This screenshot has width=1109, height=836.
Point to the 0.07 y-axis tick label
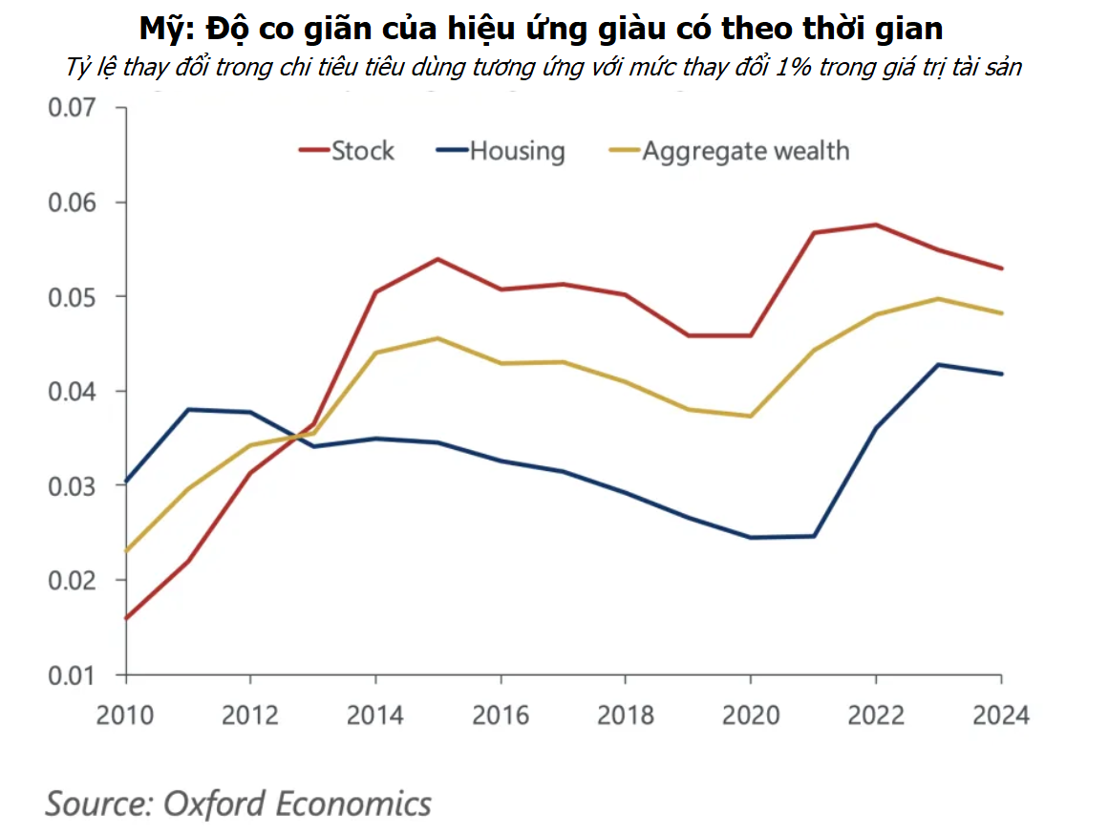click(x=74, y=108)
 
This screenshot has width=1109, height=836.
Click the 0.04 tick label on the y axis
click(x=74, y=392)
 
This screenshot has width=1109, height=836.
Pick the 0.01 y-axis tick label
click(x=74, y=675)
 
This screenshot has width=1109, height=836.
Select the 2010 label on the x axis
click(x=125, y=715)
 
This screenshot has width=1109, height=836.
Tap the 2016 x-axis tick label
click(x=501, y=715)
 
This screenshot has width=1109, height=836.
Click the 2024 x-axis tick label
click(x=1001, y=715)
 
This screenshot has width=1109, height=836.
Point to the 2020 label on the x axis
click(x=751, y=715)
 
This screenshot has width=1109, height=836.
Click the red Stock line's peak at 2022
click(x=876, y=225)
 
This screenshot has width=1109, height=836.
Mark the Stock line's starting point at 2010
click(x=126, y=618)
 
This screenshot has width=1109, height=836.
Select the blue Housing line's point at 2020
click(x=751, y=537)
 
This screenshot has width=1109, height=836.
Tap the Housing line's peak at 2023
click(x=938, y=364)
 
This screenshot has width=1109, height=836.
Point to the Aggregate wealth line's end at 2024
click(x=1001, y=313)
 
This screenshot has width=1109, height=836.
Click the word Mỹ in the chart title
click(x=163, y=29)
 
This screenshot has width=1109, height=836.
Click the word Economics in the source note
click(x=353, y=804)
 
